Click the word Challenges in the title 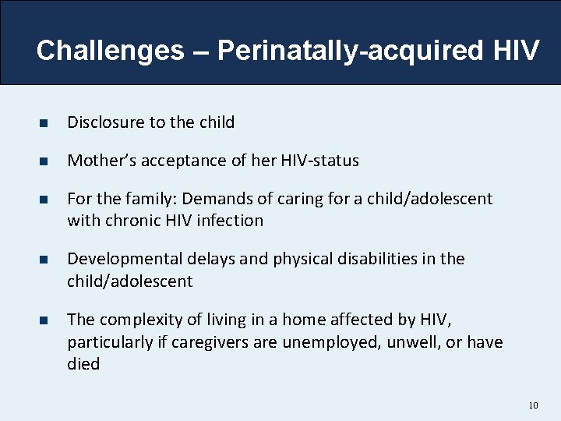[110, 51]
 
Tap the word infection [230, 221]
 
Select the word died [83, 364]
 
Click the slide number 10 [533, 405]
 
